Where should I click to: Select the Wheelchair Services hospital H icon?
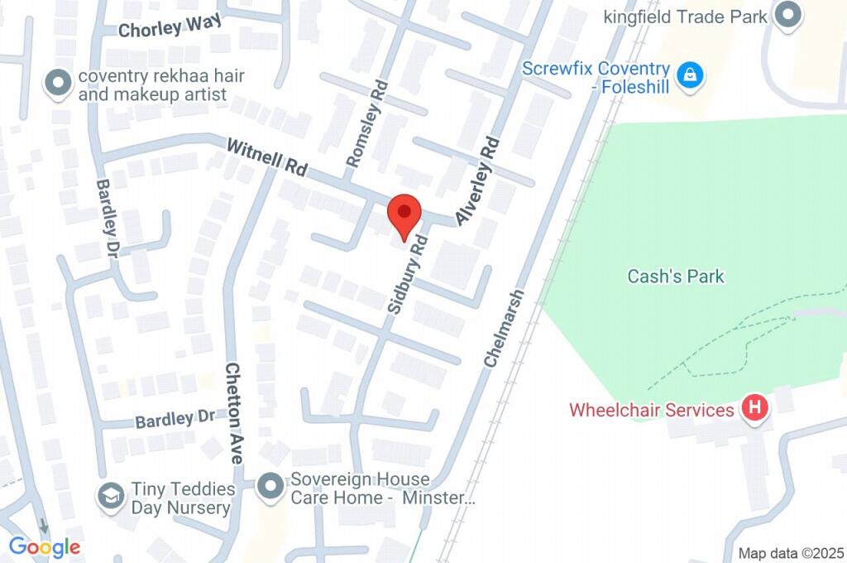tap(754, 407)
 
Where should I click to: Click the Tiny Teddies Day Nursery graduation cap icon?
tap(109, 497)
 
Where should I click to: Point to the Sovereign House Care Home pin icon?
tap(270, 488)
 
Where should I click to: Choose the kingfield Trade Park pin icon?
tap(789, 15)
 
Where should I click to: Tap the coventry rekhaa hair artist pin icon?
tap(58, 84)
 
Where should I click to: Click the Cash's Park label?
tap(676, 277)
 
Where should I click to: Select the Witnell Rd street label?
tap(266, 156)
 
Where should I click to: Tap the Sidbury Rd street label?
tap(407, 275)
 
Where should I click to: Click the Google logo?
tap(45, 546)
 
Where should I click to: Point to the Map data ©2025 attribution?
tap(790, 553)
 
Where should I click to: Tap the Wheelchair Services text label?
tap(651, 410)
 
